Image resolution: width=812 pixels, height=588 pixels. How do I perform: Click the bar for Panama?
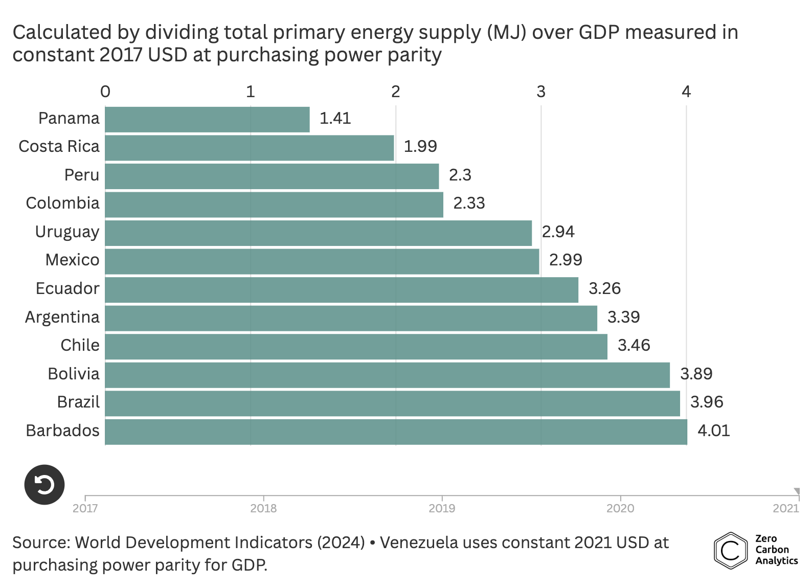point(207,120)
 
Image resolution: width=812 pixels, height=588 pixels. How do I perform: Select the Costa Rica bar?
point(250,148)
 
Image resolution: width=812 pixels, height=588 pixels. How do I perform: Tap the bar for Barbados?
point(396,432)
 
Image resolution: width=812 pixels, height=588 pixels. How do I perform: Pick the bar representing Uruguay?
point(318,233)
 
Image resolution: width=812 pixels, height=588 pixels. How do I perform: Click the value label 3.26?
point(604,289)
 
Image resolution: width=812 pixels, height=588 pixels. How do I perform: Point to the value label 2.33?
point(469,203)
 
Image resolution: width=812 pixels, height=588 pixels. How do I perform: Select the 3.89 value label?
point(696,374)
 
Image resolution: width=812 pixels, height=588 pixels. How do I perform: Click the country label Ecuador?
point(67,289)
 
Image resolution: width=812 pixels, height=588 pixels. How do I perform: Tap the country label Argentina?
point(62,318)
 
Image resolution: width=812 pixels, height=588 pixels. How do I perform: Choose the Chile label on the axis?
point(80,346)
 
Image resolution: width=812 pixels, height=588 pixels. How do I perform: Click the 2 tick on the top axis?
point(395,92)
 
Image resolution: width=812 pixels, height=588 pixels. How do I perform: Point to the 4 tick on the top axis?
point(686,92)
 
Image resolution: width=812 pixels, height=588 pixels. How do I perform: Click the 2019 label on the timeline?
point(442,508)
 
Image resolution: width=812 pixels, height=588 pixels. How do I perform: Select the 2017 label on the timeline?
point(85,508)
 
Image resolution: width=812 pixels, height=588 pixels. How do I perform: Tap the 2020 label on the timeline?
point(620,508)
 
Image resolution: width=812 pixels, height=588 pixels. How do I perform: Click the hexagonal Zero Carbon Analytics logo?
point(730,551)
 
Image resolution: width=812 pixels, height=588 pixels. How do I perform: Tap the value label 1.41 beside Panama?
point(335,119)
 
